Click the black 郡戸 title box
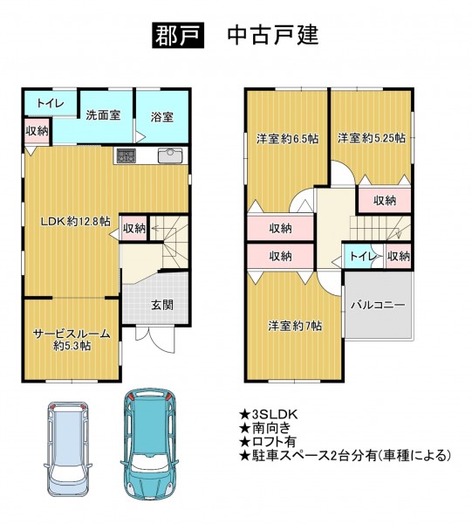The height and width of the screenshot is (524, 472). [x=178, y=35]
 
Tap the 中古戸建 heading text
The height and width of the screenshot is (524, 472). [x=273, y=35]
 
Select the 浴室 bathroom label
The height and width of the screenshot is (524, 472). [x=162, y=117]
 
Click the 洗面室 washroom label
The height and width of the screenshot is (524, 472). [x=103, y=115]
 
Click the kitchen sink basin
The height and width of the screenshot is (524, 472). [x=170, y=155]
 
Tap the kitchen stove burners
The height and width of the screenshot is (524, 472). [x=126, y=155]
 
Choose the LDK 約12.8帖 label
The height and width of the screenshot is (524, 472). [x=75, y=221]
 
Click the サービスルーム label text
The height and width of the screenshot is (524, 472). [x=72, y=334]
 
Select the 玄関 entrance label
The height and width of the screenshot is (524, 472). [x=162, y=305]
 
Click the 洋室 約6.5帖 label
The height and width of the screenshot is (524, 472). [x=287, y=138]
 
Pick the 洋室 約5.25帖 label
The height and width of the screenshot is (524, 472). [x=372, y=137]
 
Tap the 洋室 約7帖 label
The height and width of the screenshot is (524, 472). [x=295, y=326]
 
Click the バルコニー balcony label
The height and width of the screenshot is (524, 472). [x=378, y=305]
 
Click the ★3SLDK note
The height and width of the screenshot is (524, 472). [x=268, y=415]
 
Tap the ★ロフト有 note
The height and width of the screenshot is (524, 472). [x=268, y=441]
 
